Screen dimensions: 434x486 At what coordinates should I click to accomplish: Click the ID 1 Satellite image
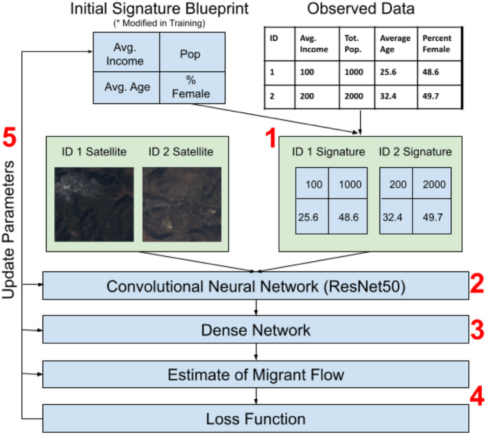(x=93, y=204)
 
